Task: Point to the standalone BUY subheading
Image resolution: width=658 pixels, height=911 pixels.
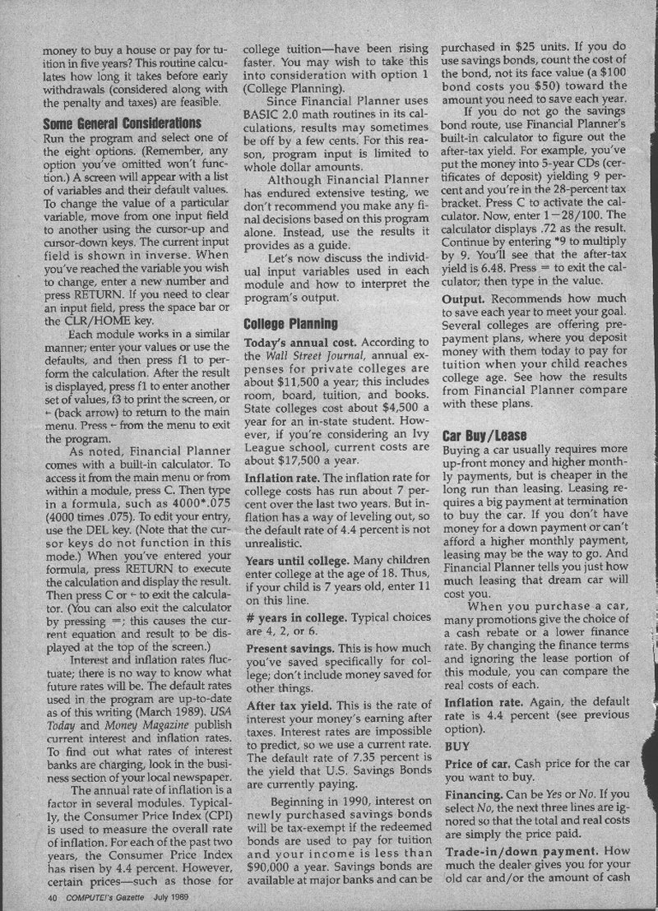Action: point(456,746)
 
